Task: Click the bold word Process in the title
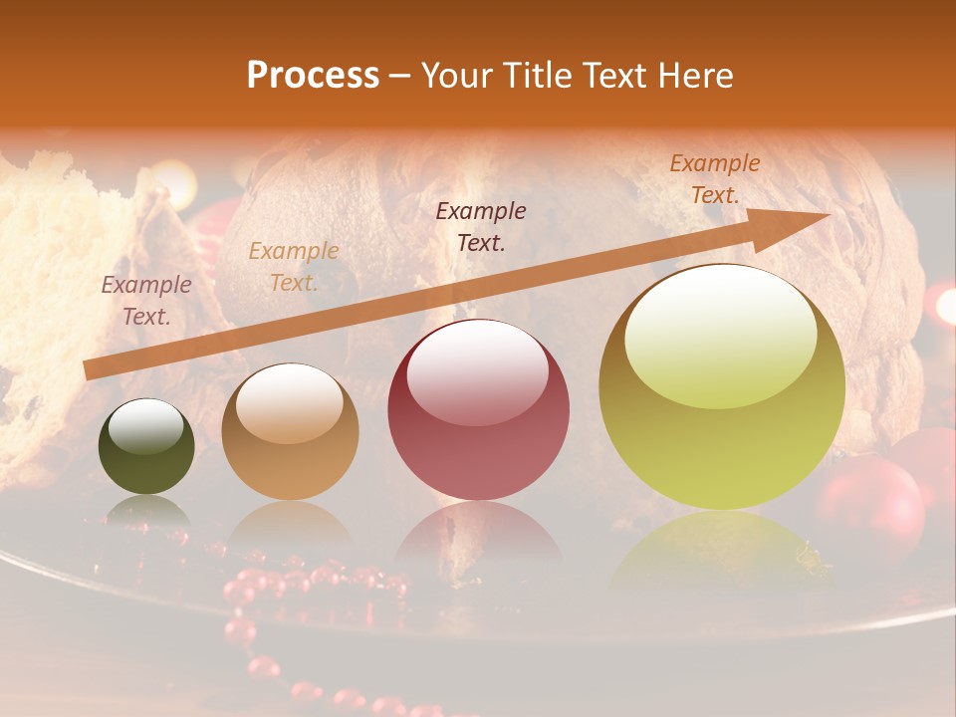[x=313, y=75]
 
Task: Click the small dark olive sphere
[x=146, y=446]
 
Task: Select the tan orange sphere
[x=290, y=431]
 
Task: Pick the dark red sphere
[x=478, y=409]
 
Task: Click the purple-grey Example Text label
[x=146, y=300]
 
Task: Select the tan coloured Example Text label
[x=294, y=266]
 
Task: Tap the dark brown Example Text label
[x=481, y=226]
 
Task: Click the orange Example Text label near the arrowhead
[x=714, y=178]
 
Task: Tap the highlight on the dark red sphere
[x=477, y=373]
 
